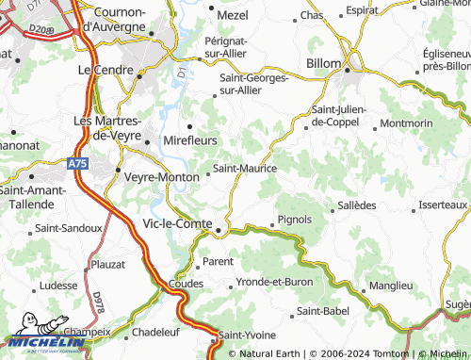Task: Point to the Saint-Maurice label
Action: (x=245, y=169)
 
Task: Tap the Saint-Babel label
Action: (x=322, y=311)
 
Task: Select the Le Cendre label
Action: (x=105, y=70)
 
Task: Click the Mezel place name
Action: (x=233, y=16)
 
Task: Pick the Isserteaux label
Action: (x=442, y=205)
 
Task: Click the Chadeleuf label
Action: (x=155, y=332)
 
